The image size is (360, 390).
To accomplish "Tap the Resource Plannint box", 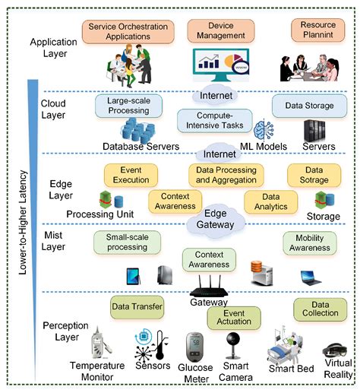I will coord(313,30).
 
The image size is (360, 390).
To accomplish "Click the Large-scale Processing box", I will coord(128,104).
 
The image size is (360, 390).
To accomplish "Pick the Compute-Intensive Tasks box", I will coord(210,120).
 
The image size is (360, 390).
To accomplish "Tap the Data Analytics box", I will coord(270,201).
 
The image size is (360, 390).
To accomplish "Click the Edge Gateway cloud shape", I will coord(216,220).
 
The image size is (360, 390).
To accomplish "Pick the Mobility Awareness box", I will coord(309,243).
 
